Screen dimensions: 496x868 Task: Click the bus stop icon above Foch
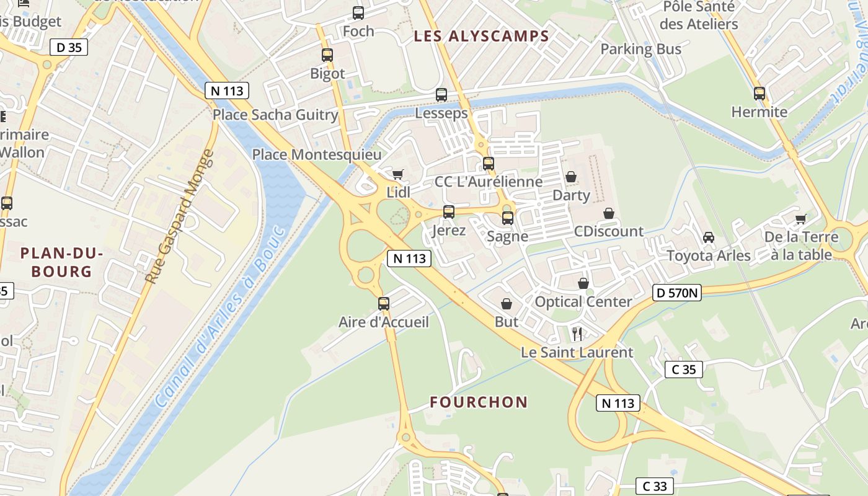(358, 13)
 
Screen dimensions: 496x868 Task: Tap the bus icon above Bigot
(327, 55)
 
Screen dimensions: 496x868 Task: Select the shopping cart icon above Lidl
(397, 174)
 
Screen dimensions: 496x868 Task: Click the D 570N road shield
(676, 293)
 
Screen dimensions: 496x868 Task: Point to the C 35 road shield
(684, 370)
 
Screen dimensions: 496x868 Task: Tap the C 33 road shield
(655, 486)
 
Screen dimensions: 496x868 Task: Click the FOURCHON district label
(479, 402)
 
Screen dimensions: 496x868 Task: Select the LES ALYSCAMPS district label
(481, 37)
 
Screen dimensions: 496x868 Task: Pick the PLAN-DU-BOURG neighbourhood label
(61, 262)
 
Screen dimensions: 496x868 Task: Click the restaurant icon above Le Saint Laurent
(577, 334)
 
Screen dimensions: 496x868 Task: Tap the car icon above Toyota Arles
(709, 237)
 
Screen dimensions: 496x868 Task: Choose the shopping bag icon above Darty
(571, 177)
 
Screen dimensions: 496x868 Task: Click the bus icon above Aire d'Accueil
(384, 304)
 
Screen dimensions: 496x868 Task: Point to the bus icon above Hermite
(759, 94)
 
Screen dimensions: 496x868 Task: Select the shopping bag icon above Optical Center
(583, 284)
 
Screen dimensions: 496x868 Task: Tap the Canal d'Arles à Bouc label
(221, 316)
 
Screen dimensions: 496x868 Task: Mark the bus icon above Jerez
(449, 212)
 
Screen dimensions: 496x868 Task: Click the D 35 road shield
(68, 47)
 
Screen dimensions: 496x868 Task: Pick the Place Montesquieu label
(317, 154)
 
